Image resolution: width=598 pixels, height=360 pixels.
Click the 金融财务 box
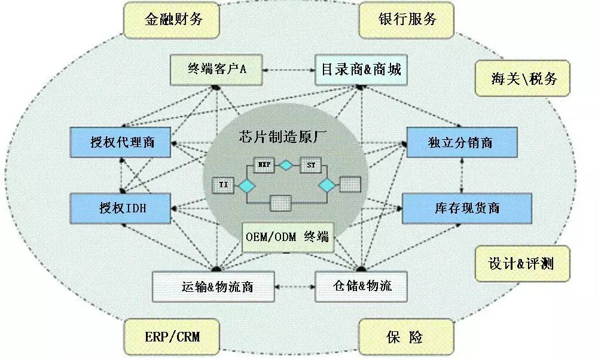pyautogui.click(x=173, y=19)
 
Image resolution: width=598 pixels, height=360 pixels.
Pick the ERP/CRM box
pyautogui.click(x=172, y=337)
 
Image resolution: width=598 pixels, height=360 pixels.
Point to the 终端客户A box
pyautogui.click(x=218, y=70)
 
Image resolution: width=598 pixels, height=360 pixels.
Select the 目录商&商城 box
pyautogui.click(x=361, y=70)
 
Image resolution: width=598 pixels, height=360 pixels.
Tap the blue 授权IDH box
pyautogui.click(x=121, y=209)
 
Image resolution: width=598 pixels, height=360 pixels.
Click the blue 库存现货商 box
pyautogui.click(x=466, y=208)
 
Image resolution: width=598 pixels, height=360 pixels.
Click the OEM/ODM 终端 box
pyautogui.click(x=287, y=237)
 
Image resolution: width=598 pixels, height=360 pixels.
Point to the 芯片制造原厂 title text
pyautogui.click(x=287, y=136)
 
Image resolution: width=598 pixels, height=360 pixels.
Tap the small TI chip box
pyautogui.click(x=223, y=185)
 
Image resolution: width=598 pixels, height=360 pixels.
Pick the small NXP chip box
pyautogui.click(x=263, y=164)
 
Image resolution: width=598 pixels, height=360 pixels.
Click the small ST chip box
pyautogui.click(x=310, y=164)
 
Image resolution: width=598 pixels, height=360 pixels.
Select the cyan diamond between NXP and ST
pyautogui.click(x=286, y=164)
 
